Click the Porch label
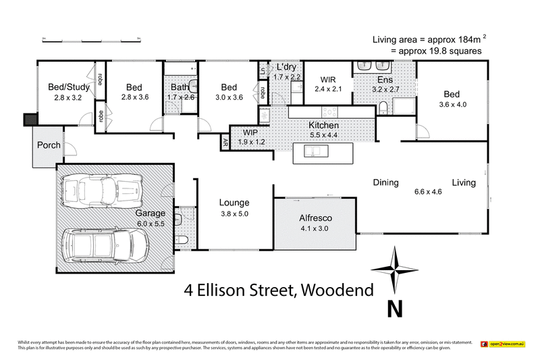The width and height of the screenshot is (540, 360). [49, 145]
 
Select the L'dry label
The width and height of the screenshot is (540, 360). [286, 68]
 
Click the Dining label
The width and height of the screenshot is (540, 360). [386, 182]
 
